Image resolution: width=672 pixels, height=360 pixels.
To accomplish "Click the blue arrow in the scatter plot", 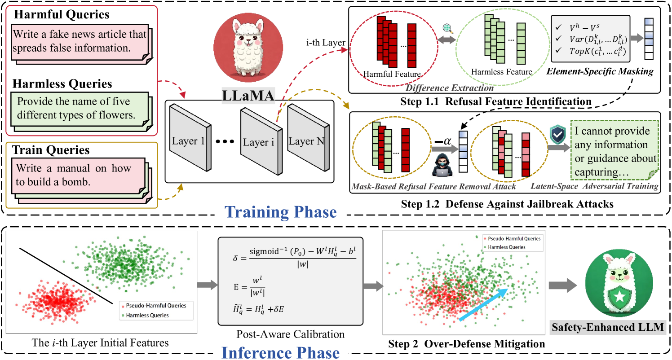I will coord(485,304).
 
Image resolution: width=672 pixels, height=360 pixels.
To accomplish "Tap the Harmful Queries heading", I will coord(62,14).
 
